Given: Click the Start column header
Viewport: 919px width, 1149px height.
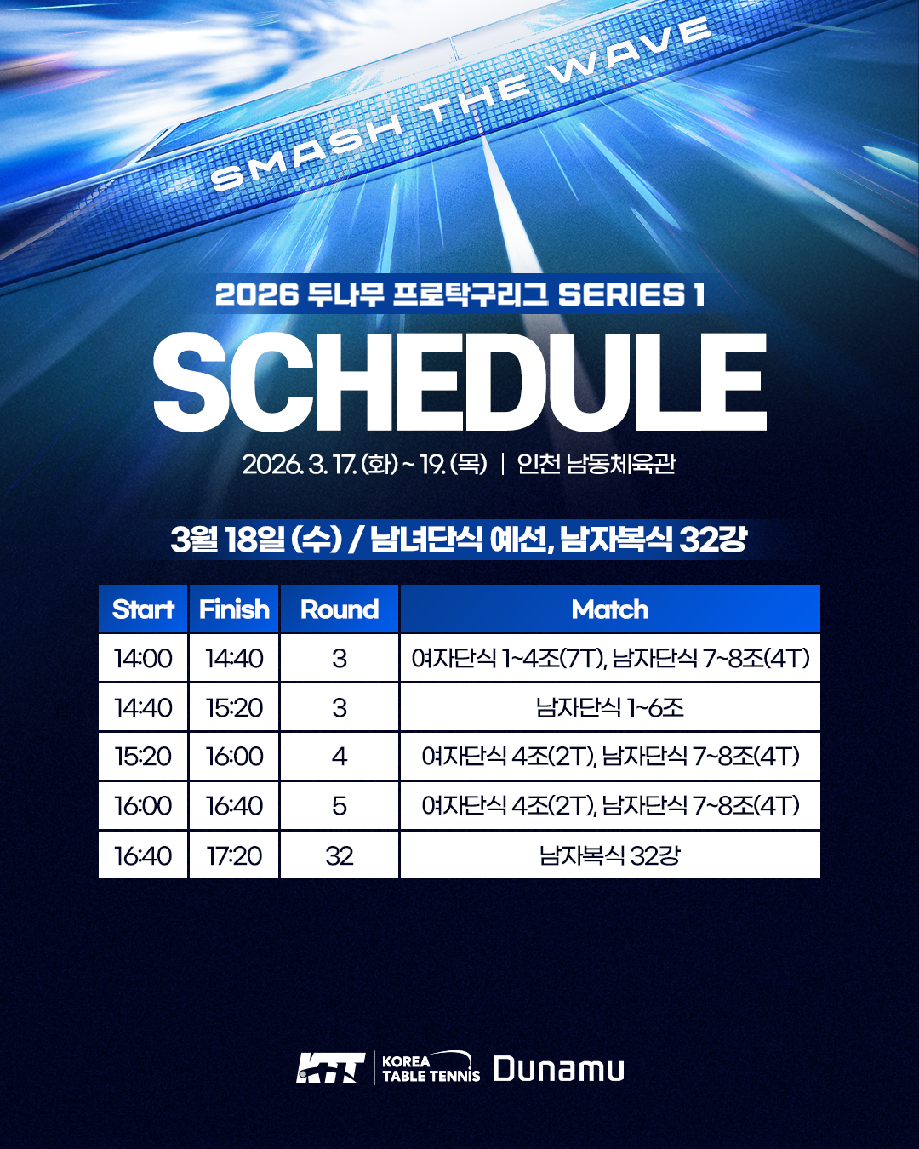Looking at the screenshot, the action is coord(143,609).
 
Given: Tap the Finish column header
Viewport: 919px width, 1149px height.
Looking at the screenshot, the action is coord(234,609).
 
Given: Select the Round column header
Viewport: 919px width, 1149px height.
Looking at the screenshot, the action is coord(339,609).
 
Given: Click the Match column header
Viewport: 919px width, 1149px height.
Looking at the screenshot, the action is coord(610,609).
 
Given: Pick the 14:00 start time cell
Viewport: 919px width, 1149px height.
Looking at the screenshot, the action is coord(143,658).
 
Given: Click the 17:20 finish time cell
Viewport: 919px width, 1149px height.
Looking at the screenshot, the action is coord(234,855).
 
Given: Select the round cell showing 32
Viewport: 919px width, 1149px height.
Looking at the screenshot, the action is coord(339,855).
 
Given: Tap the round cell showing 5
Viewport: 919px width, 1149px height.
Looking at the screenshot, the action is coord(339,805).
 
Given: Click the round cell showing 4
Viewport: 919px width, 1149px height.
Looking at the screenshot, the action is coord(339,756).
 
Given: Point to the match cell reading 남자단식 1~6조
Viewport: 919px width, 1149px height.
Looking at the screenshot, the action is coord(610,707).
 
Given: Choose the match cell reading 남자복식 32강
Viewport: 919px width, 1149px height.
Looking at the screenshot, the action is coord(610,855).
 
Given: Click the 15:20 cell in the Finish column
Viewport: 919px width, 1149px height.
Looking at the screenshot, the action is coord(234,707).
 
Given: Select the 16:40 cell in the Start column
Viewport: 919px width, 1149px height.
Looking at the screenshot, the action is coord(143,855).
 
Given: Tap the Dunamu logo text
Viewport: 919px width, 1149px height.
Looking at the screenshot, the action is coord(558,1069).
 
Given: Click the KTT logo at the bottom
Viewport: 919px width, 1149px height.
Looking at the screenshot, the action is coord(330,1068).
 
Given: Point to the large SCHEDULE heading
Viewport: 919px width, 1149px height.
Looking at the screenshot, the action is coord(459,382).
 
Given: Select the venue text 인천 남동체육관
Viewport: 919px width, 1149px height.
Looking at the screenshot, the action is coord(596,464).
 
